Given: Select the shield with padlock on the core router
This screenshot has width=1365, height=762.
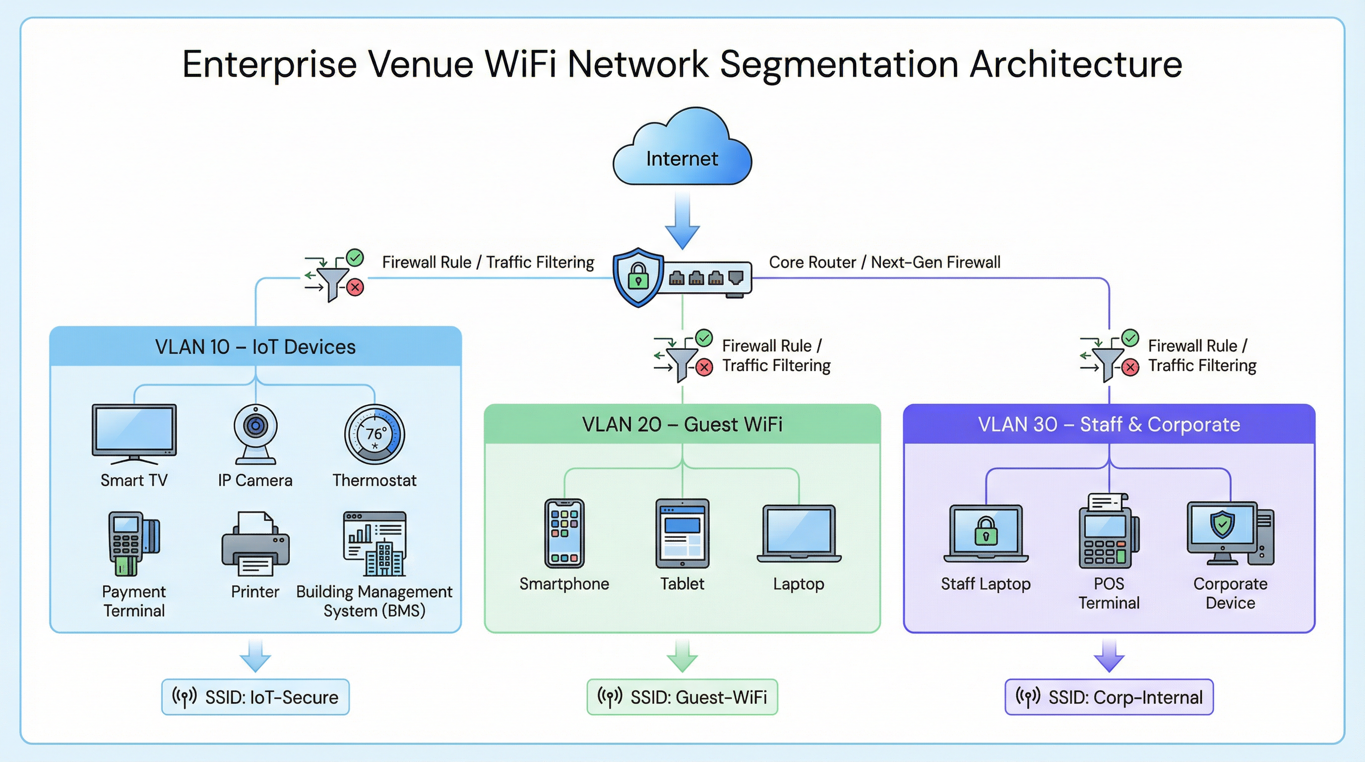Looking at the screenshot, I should pos(638,277).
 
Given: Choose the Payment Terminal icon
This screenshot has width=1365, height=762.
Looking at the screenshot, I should pos(132,543).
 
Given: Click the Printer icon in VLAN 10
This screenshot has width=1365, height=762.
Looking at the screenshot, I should pos(255,544).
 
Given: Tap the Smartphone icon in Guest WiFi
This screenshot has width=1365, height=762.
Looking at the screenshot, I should pos(564,533).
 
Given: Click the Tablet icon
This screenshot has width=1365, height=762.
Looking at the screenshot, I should pos(682,533).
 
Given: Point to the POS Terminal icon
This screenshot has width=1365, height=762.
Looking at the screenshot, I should pos(1109,531).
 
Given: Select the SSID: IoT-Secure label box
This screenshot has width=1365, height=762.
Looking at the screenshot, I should pos(255,697).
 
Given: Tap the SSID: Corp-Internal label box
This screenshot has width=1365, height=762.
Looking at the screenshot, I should pos(1109,697).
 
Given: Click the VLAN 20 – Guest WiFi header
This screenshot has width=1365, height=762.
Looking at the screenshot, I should pos(682,424).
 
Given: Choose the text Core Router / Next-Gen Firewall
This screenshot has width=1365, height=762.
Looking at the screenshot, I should pos(884,262).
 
